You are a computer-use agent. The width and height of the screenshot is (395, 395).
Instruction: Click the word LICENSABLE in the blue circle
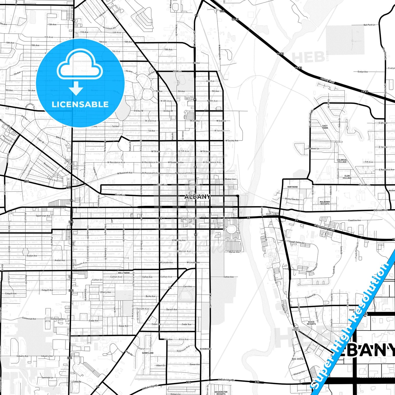[80, 104]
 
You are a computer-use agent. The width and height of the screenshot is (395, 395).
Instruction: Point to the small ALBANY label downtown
[198, 197]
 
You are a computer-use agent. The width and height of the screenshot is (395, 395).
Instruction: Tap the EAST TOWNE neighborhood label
[325, 127]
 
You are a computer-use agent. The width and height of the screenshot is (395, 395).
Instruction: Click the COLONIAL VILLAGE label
[342, 161]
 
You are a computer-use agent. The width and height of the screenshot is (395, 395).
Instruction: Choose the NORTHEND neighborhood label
[292, 187]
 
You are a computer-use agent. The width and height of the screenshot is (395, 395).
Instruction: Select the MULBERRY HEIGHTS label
[325, 203]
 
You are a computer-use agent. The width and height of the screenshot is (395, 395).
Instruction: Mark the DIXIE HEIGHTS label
[311, 323]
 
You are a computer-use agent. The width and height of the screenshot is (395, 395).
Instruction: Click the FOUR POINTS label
[296, 329]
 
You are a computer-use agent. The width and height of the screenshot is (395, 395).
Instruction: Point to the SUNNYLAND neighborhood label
[148, 353]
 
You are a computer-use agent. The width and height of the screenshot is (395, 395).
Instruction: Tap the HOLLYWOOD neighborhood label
[124, 273]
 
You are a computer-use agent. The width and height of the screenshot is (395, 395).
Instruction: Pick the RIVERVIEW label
[206, 349]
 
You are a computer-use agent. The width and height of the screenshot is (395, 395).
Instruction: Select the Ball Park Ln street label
[369, 25]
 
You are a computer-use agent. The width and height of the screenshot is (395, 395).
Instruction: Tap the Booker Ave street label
[230, 179]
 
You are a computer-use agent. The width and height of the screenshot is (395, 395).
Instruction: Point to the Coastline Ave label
[354, 220]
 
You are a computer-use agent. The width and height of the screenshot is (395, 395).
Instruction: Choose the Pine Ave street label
[120, 195]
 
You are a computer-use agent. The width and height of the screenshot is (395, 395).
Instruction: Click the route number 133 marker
[222, 11]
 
